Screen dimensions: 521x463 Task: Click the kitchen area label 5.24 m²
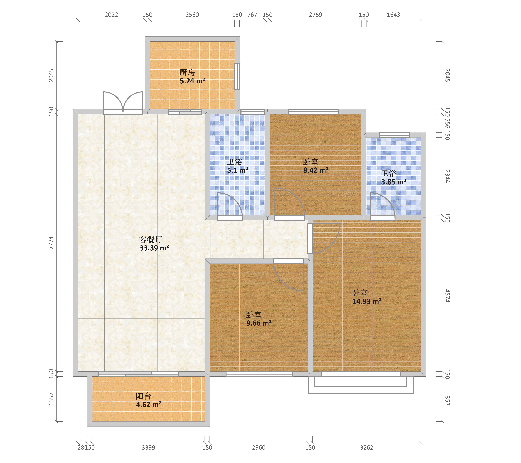click(x=192, y=81)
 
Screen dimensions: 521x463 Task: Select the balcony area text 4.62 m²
click(x=149, y=404)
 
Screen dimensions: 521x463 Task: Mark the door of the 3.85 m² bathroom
click(x=382, y=206)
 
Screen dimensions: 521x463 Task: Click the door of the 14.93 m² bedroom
click(x=324, y=238)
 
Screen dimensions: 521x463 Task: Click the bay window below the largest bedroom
click(x=361, y=382)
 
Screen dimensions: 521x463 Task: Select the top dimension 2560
click(x=192, y=15)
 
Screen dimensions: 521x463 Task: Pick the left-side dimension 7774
click(x=51, y=243)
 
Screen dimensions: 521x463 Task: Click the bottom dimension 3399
click(x=148, y=447)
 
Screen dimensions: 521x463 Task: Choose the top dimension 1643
click(x=393, y=15)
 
